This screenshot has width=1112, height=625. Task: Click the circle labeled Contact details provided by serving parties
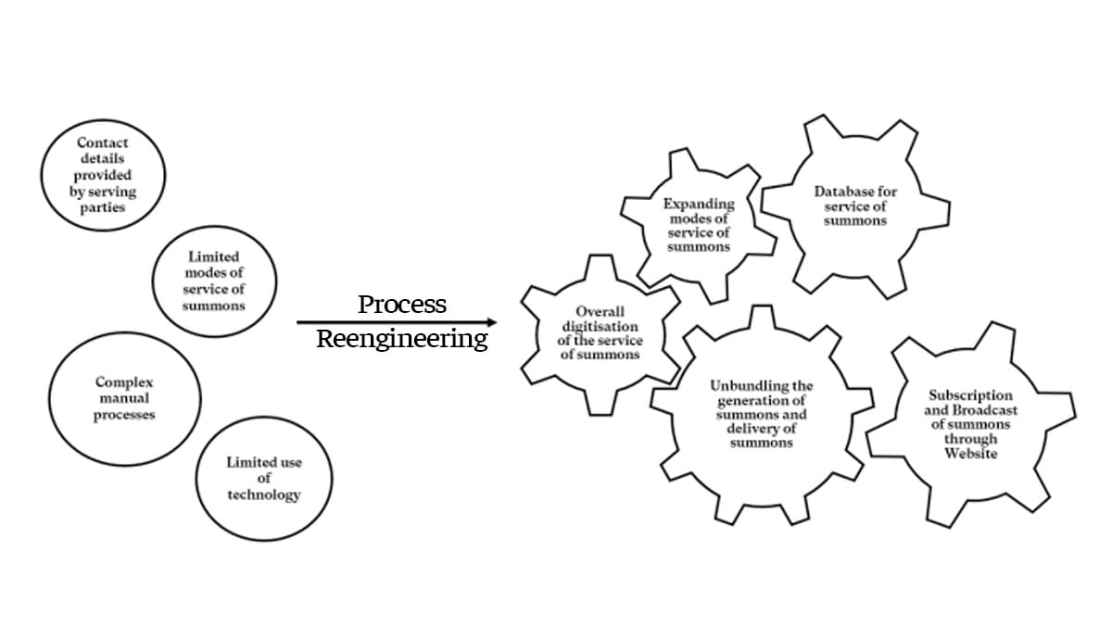103,176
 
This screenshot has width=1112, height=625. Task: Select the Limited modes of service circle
213,281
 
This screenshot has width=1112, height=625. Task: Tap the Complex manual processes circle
124,398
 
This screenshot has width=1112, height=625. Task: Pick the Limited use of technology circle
264,478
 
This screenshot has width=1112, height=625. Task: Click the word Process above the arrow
402,304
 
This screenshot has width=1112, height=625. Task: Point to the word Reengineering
402,339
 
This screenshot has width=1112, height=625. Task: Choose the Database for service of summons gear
855,206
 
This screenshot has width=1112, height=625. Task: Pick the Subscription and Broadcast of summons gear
970,424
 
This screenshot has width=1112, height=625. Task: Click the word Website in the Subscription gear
970,454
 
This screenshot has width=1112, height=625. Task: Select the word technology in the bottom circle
264,494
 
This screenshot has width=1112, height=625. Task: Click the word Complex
124,381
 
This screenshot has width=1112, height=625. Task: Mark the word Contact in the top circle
103,143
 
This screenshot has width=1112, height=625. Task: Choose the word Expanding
698,204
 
